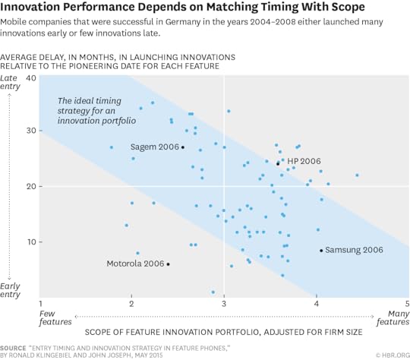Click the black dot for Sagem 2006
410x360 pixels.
tap(183, 147)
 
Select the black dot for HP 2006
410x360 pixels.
tap(278, 163)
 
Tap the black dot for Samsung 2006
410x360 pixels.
tap(321, 251)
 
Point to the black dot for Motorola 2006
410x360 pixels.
tap(168, 264)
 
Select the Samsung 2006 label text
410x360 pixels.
tap(354, 250)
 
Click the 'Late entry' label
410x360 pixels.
tap(11, 83)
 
